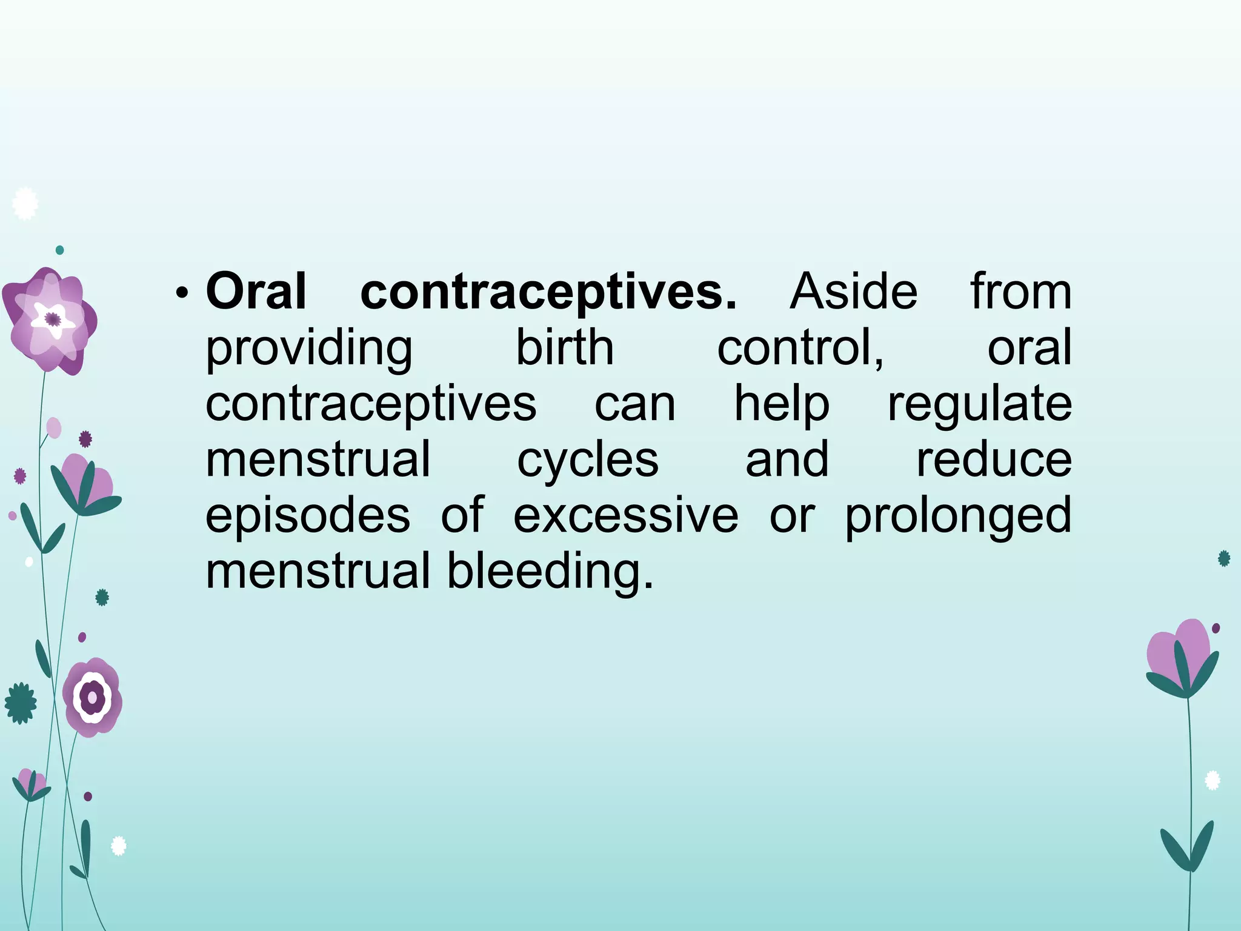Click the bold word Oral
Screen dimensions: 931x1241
click(x=256, y=292)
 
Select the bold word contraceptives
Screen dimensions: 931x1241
click(x=548, y=292)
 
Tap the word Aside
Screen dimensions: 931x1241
click(x=853, y=292)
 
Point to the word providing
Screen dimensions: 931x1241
click(x=309, y=349)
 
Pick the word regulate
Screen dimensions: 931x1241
click(x=979, y=404)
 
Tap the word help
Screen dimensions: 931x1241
click(x=782, y=404)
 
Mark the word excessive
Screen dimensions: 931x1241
click(x=625, y=516)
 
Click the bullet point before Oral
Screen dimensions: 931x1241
click(x=181, y=294)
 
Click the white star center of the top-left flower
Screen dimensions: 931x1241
click(x=53, y=319)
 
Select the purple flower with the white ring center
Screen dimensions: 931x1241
click(x=93, y=697)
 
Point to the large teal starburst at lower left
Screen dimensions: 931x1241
click(x=21, y=703)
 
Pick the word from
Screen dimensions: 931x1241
click(x=1021, y=292)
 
